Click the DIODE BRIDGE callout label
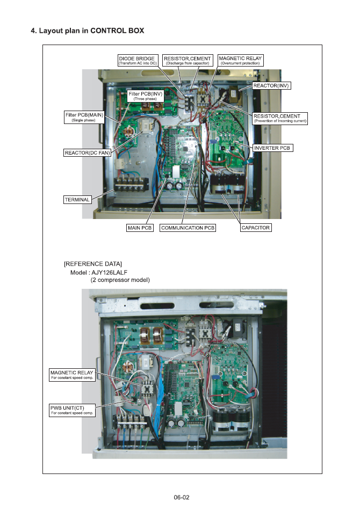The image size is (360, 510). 138,60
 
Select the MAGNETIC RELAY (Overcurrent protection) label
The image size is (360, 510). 240,60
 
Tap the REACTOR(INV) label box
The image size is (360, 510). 271,85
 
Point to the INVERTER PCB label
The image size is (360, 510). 273,147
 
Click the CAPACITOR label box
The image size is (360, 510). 255,228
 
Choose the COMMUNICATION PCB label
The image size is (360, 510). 188,228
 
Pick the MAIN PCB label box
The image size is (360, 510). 140,228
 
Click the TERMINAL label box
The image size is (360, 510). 77,199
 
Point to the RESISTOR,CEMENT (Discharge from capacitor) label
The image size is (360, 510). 188,60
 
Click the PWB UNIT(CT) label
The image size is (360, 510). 72,410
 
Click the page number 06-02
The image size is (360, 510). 182,497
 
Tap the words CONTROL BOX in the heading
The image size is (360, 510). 118,31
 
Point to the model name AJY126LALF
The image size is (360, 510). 112,272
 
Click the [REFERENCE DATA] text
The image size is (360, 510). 92,264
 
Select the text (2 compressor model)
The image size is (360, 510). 119,280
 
